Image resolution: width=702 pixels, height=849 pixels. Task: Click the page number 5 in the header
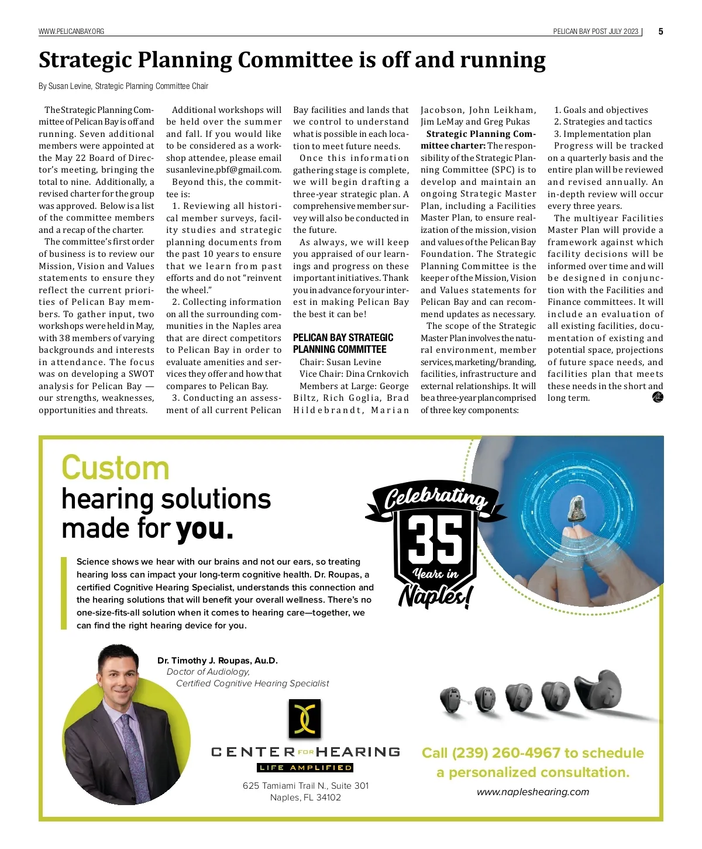[660, 32]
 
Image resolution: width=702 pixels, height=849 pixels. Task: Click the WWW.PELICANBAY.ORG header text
[71, 32]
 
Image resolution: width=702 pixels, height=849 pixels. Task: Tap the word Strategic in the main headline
[87, 60]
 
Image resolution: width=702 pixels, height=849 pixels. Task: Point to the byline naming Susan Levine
[123, 87]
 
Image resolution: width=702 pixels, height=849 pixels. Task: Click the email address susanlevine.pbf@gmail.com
[223, 170]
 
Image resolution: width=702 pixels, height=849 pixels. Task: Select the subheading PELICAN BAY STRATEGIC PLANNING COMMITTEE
[343, 343]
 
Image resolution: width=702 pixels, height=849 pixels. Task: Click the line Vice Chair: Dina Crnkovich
[353, 374]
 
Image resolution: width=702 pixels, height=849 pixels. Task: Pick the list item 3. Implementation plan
[602, 134]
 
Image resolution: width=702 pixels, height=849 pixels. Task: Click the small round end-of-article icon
[658, 398]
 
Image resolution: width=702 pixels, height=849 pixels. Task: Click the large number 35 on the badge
[435, 539]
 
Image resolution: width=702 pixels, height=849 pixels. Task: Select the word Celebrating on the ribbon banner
[436, 497]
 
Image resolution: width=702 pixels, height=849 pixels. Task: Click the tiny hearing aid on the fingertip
[579, 508]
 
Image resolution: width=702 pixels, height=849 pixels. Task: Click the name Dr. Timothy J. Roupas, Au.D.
[218, 661]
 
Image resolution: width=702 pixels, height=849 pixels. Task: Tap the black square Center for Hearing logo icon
[305, 719]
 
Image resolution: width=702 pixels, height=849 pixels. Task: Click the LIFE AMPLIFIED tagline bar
[305, 768]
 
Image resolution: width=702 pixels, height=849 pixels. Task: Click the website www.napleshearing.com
[533, 792]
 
